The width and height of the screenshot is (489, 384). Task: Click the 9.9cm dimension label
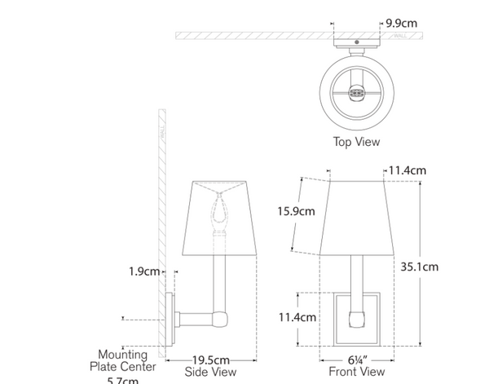pos(402,24)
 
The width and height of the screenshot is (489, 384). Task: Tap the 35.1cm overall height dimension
pos(420,266)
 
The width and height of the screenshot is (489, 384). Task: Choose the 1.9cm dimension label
pos(143,271)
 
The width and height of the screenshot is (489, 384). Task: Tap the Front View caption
pos(351,372)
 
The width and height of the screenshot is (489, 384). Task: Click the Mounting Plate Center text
pos(123,360)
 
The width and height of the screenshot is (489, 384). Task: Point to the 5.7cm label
pos(123,379)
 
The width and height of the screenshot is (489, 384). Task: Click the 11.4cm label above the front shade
pos(407,170)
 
